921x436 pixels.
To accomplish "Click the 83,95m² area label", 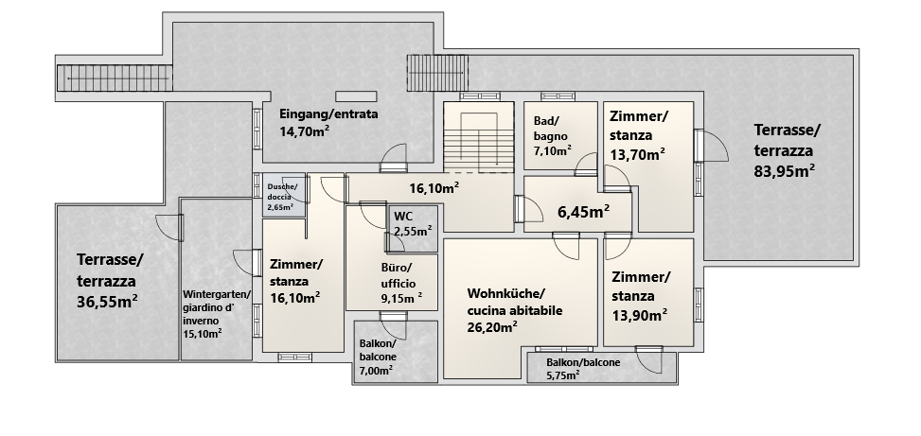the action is click(784, 171).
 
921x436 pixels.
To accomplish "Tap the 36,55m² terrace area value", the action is click(108, 301).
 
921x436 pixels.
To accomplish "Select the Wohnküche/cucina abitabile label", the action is click(515, 302).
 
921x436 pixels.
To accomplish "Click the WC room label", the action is click(403, 216).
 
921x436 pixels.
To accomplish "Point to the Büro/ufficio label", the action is click(399, 275).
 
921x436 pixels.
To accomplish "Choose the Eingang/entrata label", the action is click(328, 113).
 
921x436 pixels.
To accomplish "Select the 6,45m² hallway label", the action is click(583, 212).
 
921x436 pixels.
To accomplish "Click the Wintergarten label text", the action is click(217, 294).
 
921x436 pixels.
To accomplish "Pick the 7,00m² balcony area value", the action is click(376, 371).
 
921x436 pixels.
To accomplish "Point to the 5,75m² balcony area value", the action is click(562, 375).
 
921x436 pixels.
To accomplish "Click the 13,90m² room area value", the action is click(640, 316).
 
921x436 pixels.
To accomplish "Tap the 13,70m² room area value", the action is click(637, 154).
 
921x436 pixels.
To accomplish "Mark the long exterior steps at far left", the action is click(115, 78).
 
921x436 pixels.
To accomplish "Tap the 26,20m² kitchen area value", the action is click(492, 327).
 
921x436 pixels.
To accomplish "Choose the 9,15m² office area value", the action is click(401, 299).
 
